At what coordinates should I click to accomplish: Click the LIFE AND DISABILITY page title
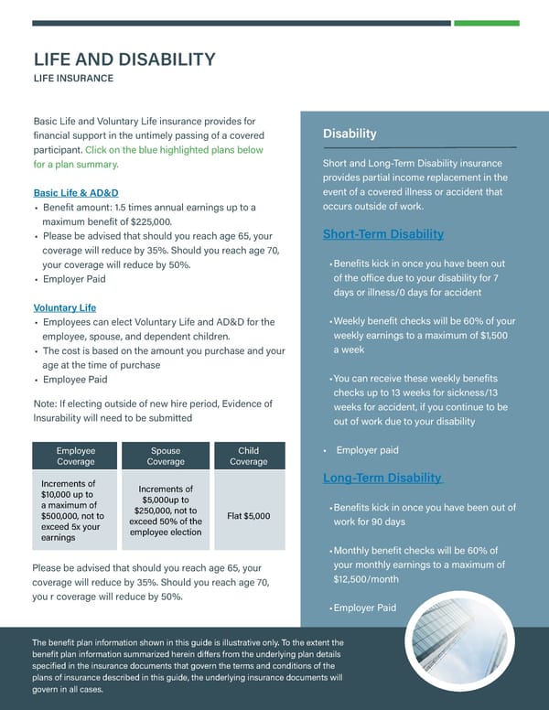click(124, 59)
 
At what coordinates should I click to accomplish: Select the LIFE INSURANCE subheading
click(73, 79)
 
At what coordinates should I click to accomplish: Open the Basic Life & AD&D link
click(76, 193)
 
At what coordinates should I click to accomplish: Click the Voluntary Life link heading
click(65, 307)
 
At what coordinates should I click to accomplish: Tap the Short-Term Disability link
click(383, 234)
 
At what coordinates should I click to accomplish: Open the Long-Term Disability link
click(383, 478)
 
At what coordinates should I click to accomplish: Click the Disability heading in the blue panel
click(350, 134)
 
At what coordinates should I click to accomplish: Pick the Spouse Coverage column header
click(166, 457)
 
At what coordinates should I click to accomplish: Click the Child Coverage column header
click(248, 457)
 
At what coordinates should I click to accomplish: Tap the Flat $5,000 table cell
click(248, 515)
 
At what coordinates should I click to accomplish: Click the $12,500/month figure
click(366, 579)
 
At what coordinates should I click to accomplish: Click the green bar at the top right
click(486, 23)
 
